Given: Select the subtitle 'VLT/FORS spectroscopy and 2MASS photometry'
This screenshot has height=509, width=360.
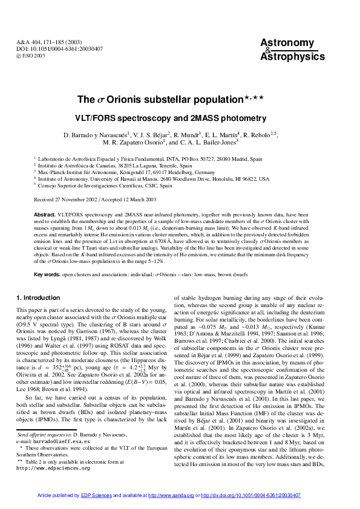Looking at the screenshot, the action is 180,116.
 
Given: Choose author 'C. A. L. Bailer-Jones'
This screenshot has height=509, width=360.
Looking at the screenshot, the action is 193,143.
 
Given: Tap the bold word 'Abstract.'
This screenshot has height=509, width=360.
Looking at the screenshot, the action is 44,215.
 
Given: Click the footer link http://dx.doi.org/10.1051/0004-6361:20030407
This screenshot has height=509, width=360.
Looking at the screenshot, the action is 250,494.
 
